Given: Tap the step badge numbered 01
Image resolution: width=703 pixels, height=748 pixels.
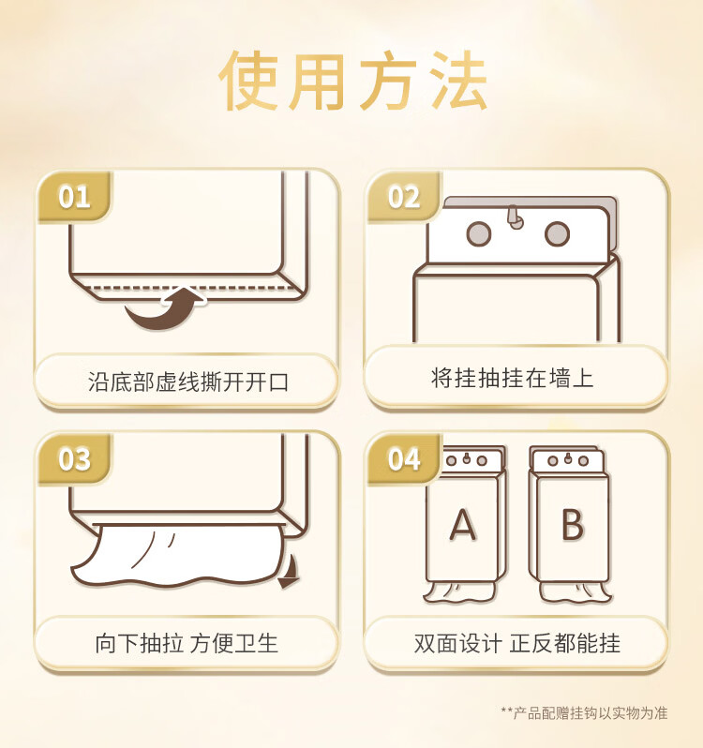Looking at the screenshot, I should pos(74,197).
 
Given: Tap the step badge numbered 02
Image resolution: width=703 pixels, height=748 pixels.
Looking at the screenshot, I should pos(404,197).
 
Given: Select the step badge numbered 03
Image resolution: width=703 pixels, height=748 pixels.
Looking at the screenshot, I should pos(74,459).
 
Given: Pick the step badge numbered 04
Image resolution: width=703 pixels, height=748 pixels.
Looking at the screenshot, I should pos(404,459).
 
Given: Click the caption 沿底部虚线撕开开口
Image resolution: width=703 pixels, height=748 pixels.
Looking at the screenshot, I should pos(187,381).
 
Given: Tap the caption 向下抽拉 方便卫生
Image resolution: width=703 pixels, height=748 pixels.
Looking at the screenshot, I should pos(187,643).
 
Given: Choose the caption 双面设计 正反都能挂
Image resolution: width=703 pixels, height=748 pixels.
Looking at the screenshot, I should pos(516,643).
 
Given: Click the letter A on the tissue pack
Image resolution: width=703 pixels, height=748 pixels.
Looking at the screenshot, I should pos(462,526).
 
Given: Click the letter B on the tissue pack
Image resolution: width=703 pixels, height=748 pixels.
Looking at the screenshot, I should pos(572,526).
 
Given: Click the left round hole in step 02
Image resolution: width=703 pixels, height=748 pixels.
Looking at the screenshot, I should pos(478,232).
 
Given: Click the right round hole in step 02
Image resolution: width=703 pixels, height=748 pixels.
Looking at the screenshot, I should pos(557,232).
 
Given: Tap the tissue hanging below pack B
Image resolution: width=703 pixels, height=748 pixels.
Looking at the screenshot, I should pos(575,591).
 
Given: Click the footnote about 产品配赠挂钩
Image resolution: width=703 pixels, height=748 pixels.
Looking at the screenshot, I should pos(584,713).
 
